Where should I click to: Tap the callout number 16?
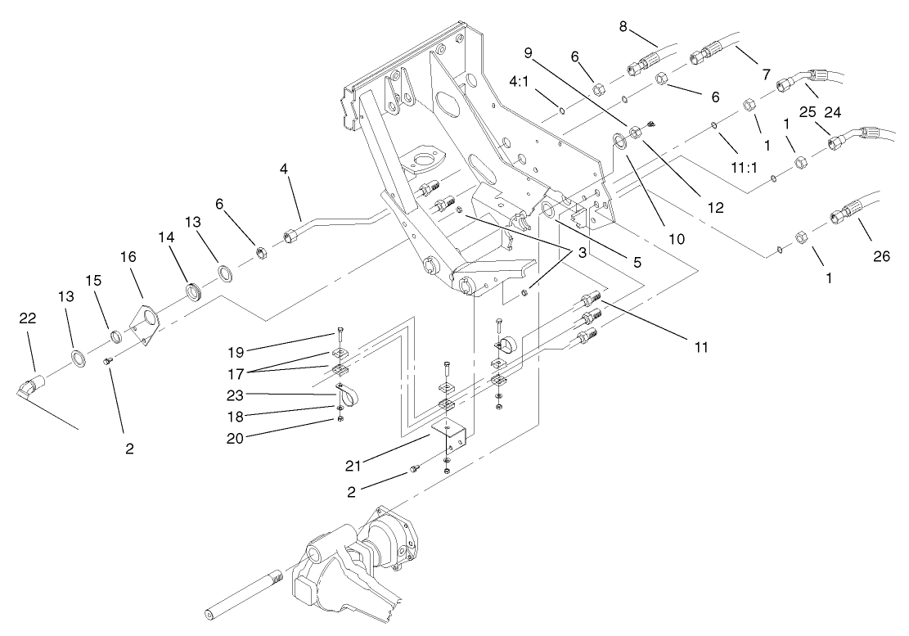point(128,256)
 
